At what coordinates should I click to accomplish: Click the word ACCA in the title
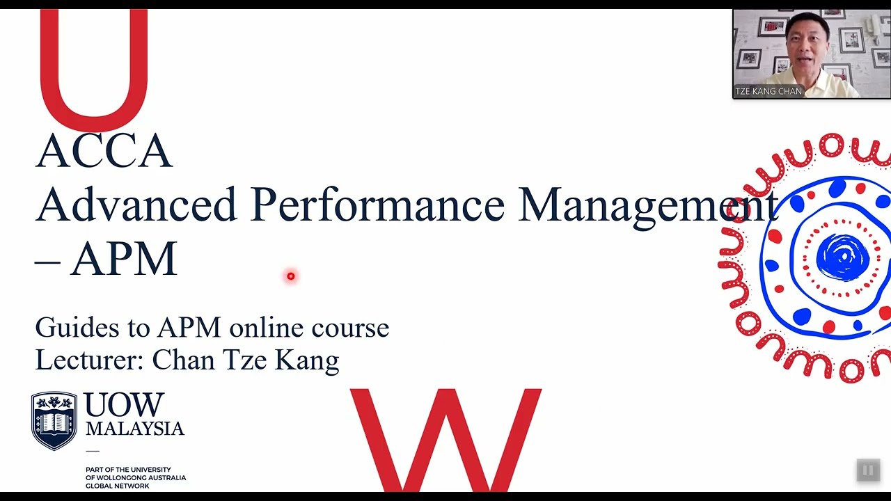click(104, 151)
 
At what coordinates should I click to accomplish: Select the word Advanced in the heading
click(136, 205)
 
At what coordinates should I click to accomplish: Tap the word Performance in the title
click(377, 206)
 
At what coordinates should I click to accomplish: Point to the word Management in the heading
click(647, 206)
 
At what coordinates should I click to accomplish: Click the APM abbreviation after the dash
click(124, 260)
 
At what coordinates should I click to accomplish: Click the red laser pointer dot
click(291, 276)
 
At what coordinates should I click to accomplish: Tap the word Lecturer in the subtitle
click(89, 360)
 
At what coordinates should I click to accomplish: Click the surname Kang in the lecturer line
click(307, 360)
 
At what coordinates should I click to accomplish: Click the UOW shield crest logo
click(54, 420)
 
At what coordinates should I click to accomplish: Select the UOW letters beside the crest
click(125, 405)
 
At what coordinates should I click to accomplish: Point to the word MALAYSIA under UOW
click(135, 429)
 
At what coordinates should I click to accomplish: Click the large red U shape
click(93, 70)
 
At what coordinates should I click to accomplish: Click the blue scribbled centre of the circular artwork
click(842, 257)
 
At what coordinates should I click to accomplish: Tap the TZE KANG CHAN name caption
click(768, 91)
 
